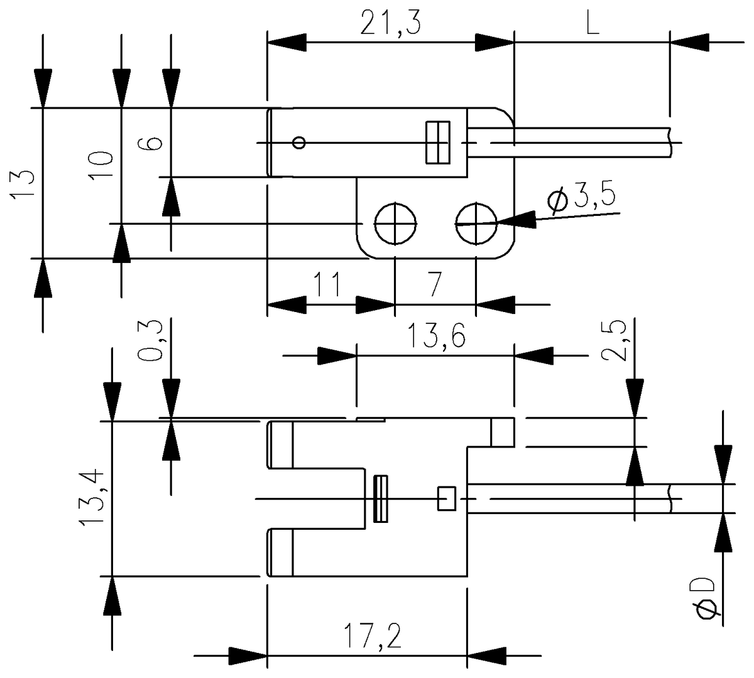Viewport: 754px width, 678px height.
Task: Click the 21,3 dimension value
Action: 390,24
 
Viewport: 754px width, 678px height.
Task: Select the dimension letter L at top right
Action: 592,24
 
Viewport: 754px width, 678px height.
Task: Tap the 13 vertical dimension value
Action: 23,183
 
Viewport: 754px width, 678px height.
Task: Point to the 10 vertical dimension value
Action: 102,166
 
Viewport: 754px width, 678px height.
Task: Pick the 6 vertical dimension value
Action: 153,143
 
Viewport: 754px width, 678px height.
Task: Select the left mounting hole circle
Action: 395,223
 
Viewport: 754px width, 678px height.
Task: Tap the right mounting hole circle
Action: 476,223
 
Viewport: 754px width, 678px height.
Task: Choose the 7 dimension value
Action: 435,285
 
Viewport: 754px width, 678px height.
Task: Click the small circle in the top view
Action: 300,143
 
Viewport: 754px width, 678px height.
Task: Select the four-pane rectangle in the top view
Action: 436,143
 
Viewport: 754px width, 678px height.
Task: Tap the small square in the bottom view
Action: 446,498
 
